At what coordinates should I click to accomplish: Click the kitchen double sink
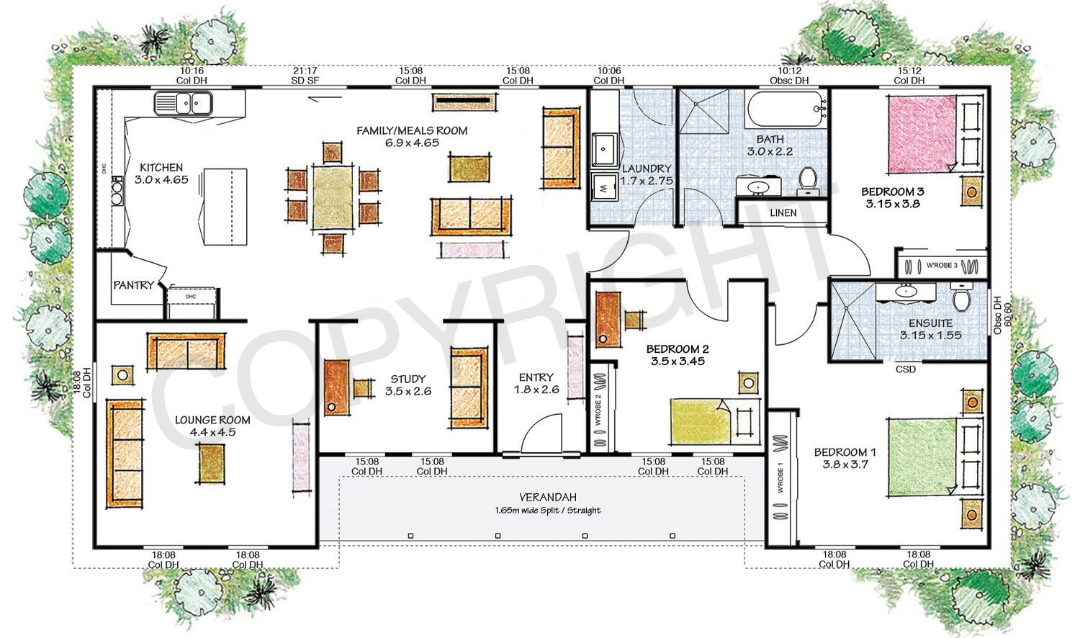[183, 104]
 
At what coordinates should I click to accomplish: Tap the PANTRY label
[133, 285]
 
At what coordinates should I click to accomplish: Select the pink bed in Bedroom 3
[922, 135]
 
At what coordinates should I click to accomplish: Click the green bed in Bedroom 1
[922, 458]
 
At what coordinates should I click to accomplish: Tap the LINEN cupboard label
[783, 213]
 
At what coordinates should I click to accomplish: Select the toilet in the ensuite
[961, 297]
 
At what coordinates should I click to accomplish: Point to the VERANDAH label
[548, 498]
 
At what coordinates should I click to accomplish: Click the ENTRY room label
[536, 377]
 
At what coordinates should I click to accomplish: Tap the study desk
[336, 387]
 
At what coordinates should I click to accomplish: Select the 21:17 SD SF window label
[305, 76]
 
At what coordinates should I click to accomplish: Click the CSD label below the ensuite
[905, 369]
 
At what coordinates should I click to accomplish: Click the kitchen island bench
[225, 207]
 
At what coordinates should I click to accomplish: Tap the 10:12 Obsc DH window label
[789, 76]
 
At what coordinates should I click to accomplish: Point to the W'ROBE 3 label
[941, 266]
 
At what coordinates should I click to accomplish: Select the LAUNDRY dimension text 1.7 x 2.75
[647, 181]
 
